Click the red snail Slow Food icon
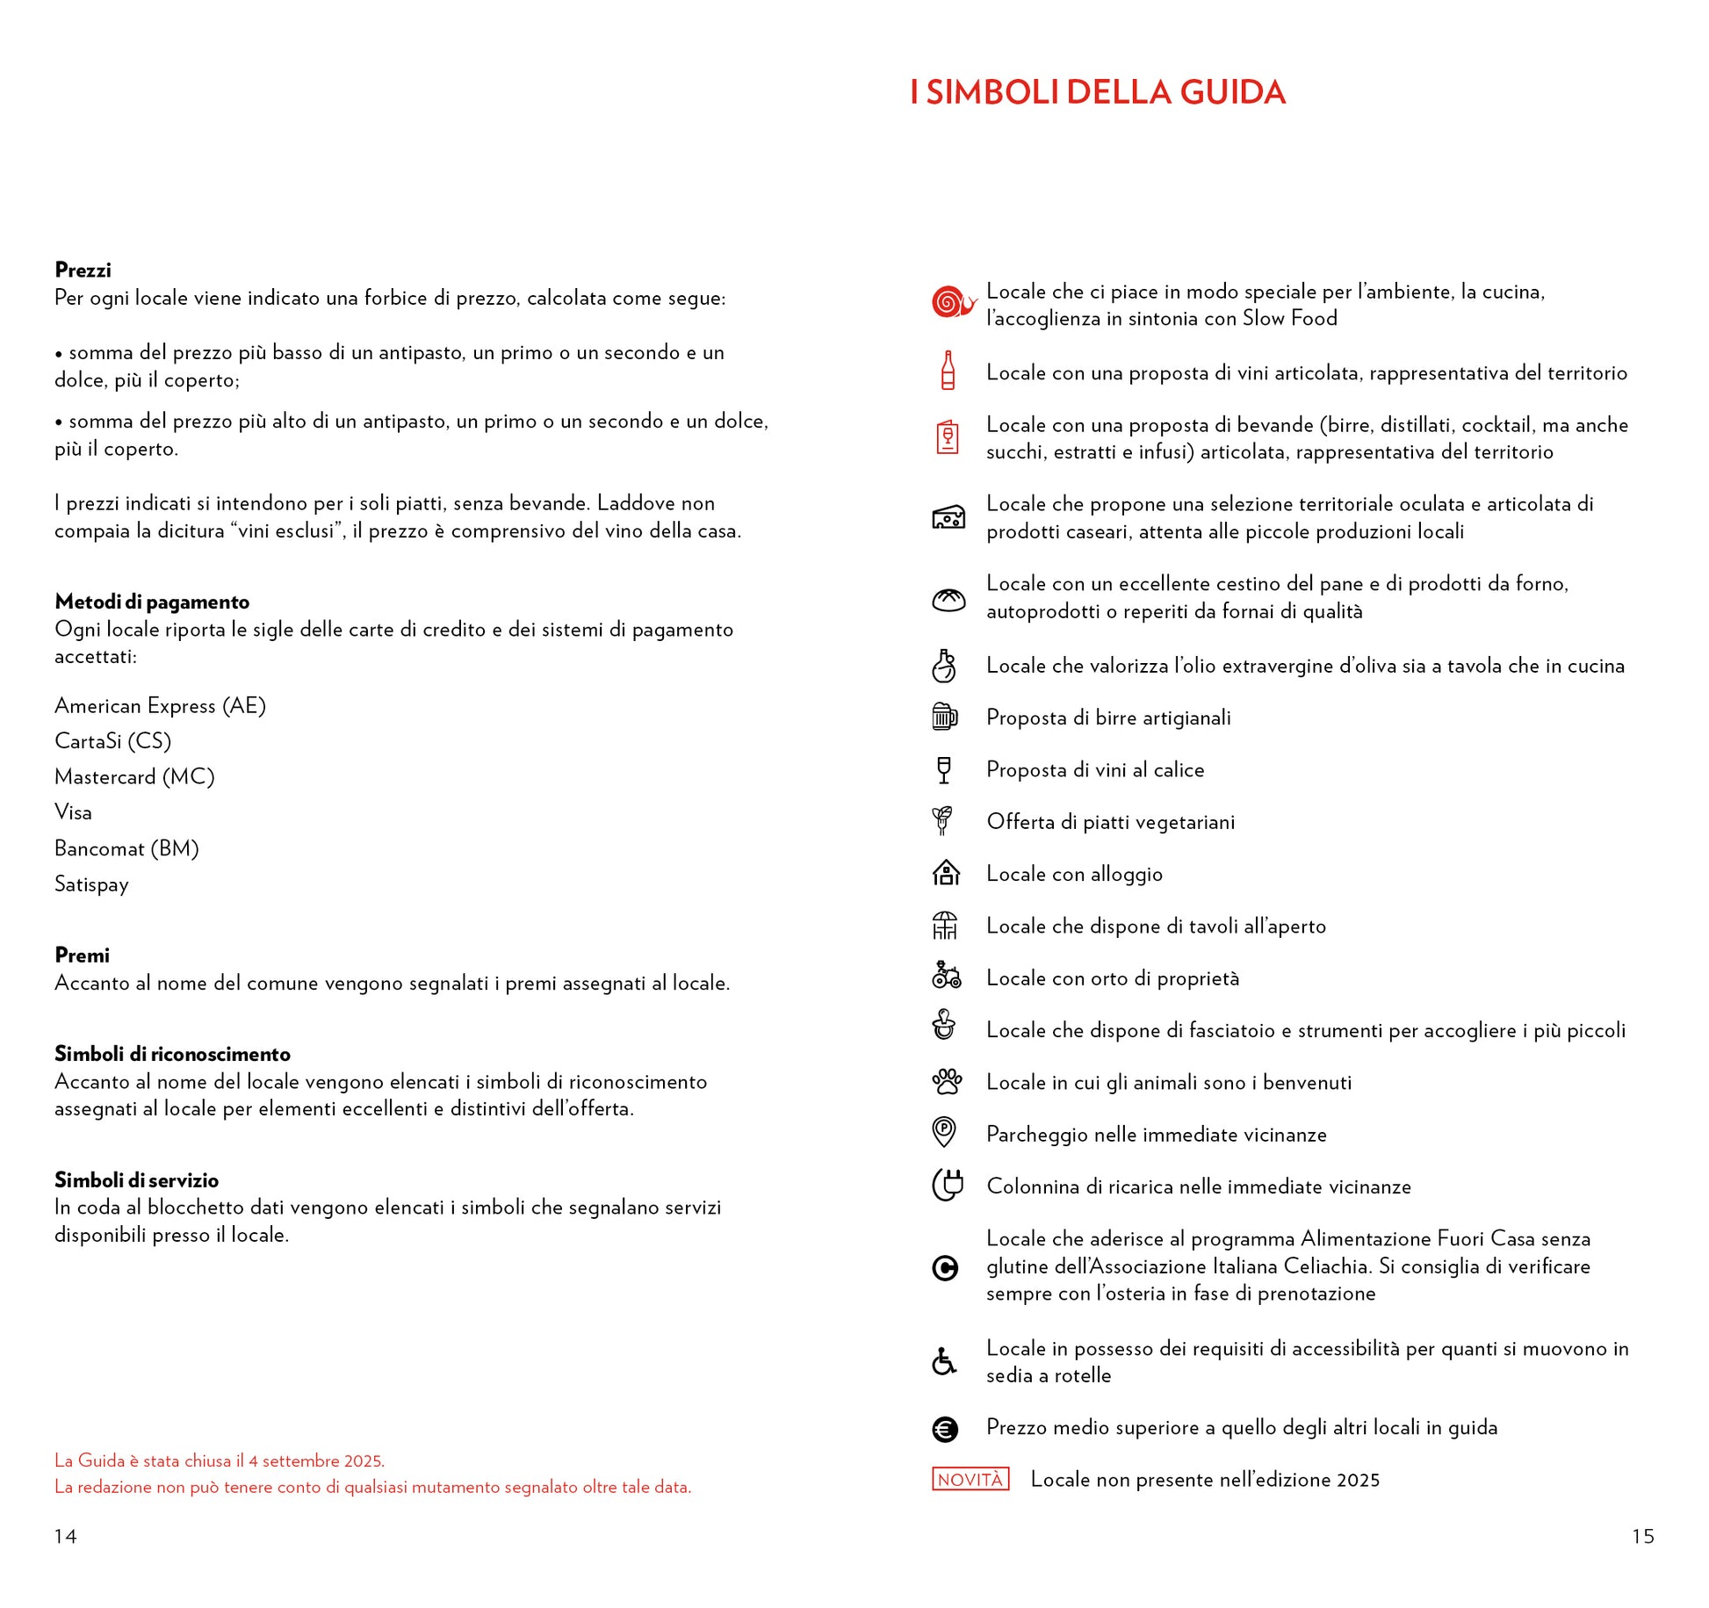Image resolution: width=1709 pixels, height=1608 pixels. click(953, 302)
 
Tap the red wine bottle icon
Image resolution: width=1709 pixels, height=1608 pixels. click(948, 371)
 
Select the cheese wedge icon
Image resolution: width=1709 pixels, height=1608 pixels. click(948, 517)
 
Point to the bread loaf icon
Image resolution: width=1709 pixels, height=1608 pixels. click(948, 599)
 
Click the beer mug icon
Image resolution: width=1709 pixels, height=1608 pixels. click(944, 717)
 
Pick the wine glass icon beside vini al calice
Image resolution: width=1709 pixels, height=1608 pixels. click(944, 769)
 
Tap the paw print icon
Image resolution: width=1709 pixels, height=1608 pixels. click(947, 1081)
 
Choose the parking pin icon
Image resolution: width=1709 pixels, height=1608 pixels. click(944, 1132)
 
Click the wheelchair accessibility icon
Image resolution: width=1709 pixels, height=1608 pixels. click(944, 1361)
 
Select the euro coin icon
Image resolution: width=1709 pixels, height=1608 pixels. click(945, 1430)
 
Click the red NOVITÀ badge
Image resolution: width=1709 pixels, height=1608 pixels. click(970, 1479)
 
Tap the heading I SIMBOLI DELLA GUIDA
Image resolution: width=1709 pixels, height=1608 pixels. click(1097, 93)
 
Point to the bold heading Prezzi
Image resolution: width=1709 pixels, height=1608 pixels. click(83, 270)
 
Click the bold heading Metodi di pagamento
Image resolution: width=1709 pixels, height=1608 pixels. click(152, 602)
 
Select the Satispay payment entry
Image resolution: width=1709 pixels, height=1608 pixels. click(91, 884)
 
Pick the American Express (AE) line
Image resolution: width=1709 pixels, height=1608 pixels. click(160, 706)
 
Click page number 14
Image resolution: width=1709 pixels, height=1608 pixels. click(66, 1536)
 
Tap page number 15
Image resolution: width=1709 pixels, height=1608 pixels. click(1642, 1536)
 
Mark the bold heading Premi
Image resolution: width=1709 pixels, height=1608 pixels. click(82, 955)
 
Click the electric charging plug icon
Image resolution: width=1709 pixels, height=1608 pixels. click(948, 1185)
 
